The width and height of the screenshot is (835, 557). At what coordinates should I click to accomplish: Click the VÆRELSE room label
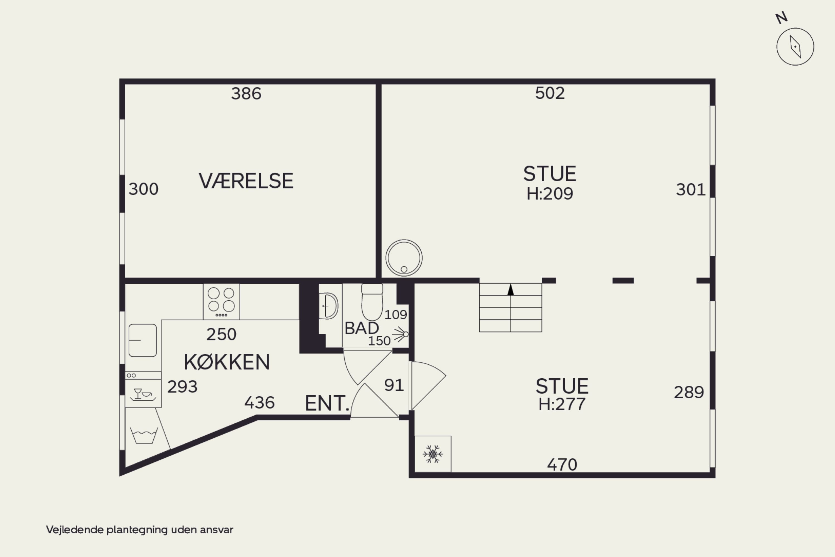(x=246, y=181)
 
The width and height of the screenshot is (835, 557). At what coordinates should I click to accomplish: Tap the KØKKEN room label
(x=227, y=362)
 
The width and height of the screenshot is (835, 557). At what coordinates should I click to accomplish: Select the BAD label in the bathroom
(x=362, y=328)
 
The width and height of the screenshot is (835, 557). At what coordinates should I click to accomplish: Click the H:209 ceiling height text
(x=549, y=194)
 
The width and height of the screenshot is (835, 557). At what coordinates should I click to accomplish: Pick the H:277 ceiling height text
(x=562, y=404)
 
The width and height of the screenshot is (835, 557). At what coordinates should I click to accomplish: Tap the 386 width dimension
(x=246, y=94)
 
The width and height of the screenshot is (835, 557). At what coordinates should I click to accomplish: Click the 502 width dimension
(x=550, y=93)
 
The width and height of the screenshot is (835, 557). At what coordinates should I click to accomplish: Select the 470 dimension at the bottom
(x=562, y=465)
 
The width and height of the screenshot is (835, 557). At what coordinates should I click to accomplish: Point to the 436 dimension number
(x=259, y=403)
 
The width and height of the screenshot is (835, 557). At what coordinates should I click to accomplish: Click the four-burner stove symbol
(x=221, y=301)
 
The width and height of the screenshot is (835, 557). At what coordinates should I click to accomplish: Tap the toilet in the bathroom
(x=372, y=301)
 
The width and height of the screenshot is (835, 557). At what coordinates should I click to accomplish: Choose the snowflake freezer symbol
(x=433, y=454)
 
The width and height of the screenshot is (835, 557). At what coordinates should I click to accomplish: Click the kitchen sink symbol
(x=143, y=340)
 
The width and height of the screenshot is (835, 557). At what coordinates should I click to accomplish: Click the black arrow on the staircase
(x=510, y=289)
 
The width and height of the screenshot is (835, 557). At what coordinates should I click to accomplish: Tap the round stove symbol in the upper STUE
(x=404, y=258)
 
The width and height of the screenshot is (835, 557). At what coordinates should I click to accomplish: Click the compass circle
(x=795, y=46)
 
